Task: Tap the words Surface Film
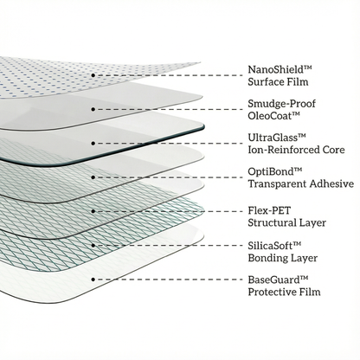pos(278,81)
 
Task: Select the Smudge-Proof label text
pos(282,104)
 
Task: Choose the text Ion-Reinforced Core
pos(296,150)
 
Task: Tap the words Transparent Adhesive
pos(301,183)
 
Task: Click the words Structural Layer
pos(287,222)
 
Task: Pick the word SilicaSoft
pos(271,245)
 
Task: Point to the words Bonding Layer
pos(283,258)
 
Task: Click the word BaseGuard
pos(274,280)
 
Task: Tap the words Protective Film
pos(284,292)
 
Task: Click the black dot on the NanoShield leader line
pos(93,75)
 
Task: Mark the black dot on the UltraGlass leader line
pos(93,144)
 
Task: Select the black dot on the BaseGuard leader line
pos(93,280)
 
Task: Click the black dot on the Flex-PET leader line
pos(93,211)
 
